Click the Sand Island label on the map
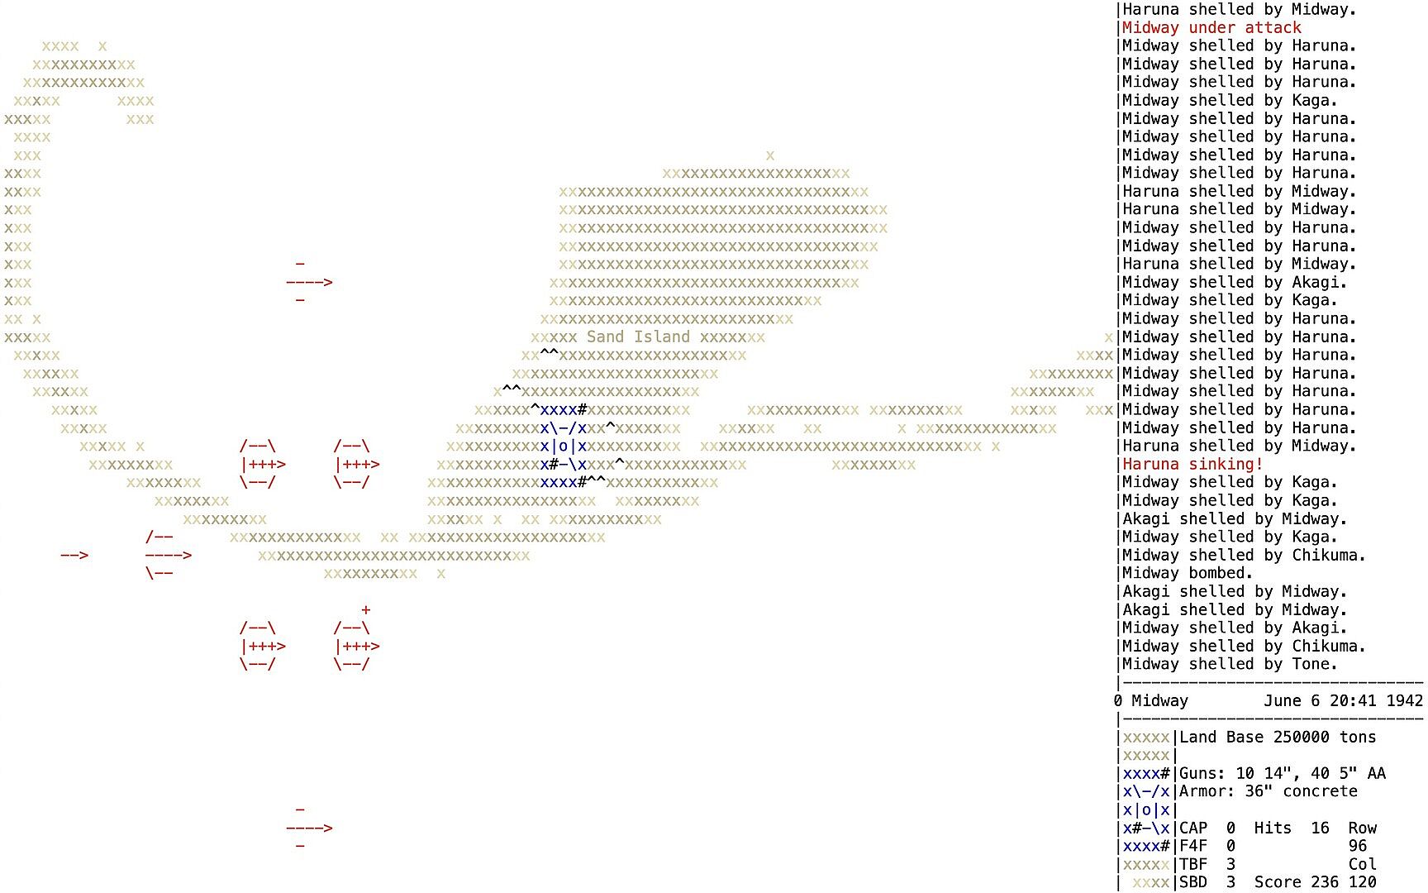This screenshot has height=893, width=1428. coord(638,337)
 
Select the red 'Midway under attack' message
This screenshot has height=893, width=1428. coord(1211,28)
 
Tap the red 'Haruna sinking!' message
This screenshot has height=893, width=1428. coord(1192,465)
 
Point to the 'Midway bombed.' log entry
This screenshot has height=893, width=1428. coord(1188,574)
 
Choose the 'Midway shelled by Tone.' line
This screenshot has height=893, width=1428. coord(1230,665)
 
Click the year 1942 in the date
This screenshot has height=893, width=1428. coord(1404,701)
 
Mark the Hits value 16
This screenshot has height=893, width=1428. coord(1320,829)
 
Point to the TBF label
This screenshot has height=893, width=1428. coord(1193,865)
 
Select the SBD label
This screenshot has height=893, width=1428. coord(1193,883)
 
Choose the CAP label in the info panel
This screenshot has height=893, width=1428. coord(1193,829)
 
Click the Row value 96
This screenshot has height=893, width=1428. coord(1358,847)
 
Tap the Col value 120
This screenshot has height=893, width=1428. coord(1363,883)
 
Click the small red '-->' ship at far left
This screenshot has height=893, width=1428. coord(74,556)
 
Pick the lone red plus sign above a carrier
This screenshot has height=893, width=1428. coord(366,610)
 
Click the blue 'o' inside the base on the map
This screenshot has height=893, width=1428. coord(564,446)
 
